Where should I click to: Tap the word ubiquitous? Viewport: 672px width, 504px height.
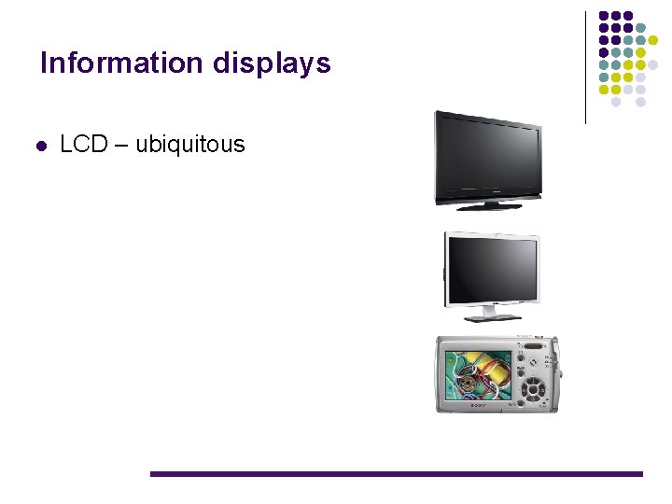coord(190,145)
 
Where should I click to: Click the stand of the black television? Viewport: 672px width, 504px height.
coord(486,204)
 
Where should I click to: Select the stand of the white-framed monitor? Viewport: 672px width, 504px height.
coord(492,313)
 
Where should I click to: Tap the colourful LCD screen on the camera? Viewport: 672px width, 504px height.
coord(478,375)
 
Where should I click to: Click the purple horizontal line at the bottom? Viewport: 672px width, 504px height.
coord(397,474)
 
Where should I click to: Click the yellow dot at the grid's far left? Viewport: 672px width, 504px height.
coord(603,90)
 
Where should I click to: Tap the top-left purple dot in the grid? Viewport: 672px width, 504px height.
coord(603,17)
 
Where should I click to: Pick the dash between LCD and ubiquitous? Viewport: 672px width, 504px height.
coord(122,146)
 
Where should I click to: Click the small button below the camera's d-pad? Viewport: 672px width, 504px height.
coord(533,403)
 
